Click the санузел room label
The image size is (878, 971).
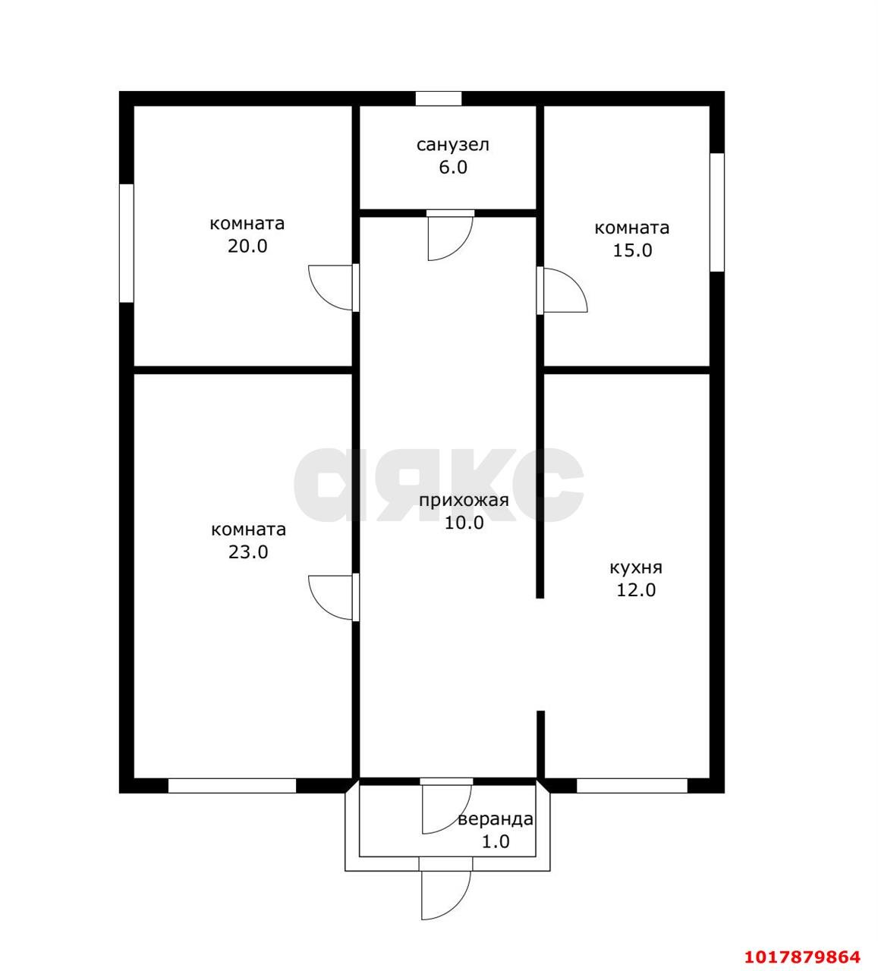452,145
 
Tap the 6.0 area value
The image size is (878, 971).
453,167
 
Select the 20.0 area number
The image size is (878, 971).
247,246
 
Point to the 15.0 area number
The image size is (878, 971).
632,250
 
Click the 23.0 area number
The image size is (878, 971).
248,551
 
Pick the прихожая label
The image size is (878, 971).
464,501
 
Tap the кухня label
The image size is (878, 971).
635,567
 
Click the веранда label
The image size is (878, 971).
496,819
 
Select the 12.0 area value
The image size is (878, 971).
636,590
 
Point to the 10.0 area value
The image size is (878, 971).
464,523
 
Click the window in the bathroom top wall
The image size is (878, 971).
439,99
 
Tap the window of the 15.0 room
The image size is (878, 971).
716,212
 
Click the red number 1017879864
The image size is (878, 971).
802,957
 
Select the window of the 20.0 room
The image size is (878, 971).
127,243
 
